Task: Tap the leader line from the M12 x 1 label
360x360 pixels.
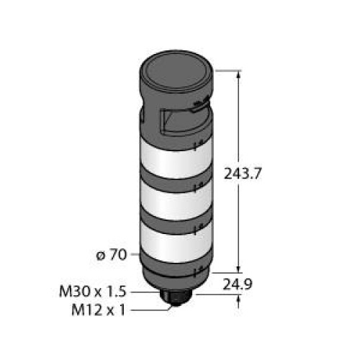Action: [151, 310]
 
